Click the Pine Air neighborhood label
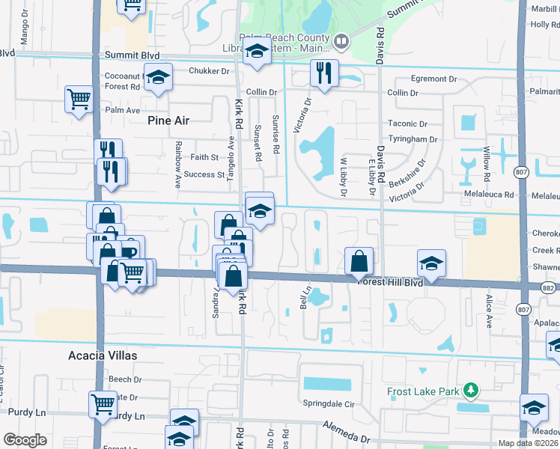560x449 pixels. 168,120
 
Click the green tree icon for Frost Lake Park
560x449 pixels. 470,391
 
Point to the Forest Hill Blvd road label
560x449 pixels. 390,282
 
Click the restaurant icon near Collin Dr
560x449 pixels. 323,73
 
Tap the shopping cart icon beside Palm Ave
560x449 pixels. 79,99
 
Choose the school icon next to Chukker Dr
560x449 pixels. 158,78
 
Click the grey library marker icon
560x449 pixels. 341,42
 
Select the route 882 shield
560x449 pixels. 548,287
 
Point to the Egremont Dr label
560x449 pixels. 434,79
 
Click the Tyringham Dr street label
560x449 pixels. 413,139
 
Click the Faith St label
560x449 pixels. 204,157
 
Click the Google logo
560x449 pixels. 25,440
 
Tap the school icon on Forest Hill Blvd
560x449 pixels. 431,263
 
